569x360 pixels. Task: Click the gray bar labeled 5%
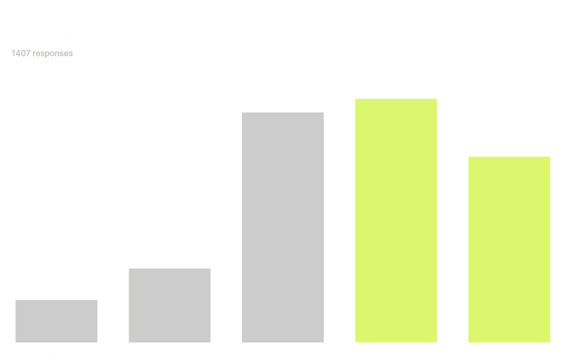pos(56,321)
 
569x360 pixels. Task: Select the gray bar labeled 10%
pos(169,305)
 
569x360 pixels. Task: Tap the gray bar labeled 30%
pos(283,227)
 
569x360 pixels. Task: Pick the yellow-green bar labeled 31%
pos(396,220)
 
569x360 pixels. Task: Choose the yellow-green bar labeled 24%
pos(509,249)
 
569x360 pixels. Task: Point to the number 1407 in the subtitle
pos(21,53)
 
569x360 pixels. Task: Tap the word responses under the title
pos(53,53)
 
